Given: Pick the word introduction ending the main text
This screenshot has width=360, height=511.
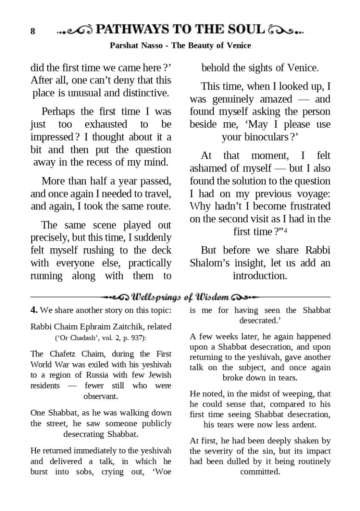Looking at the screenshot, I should tap(260, 276).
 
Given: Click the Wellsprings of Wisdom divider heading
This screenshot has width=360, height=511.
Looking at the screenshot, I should tap(180, 297).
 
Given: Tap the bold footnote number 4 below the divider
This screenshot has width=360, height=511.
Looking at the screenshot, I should tap(34, 310).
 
